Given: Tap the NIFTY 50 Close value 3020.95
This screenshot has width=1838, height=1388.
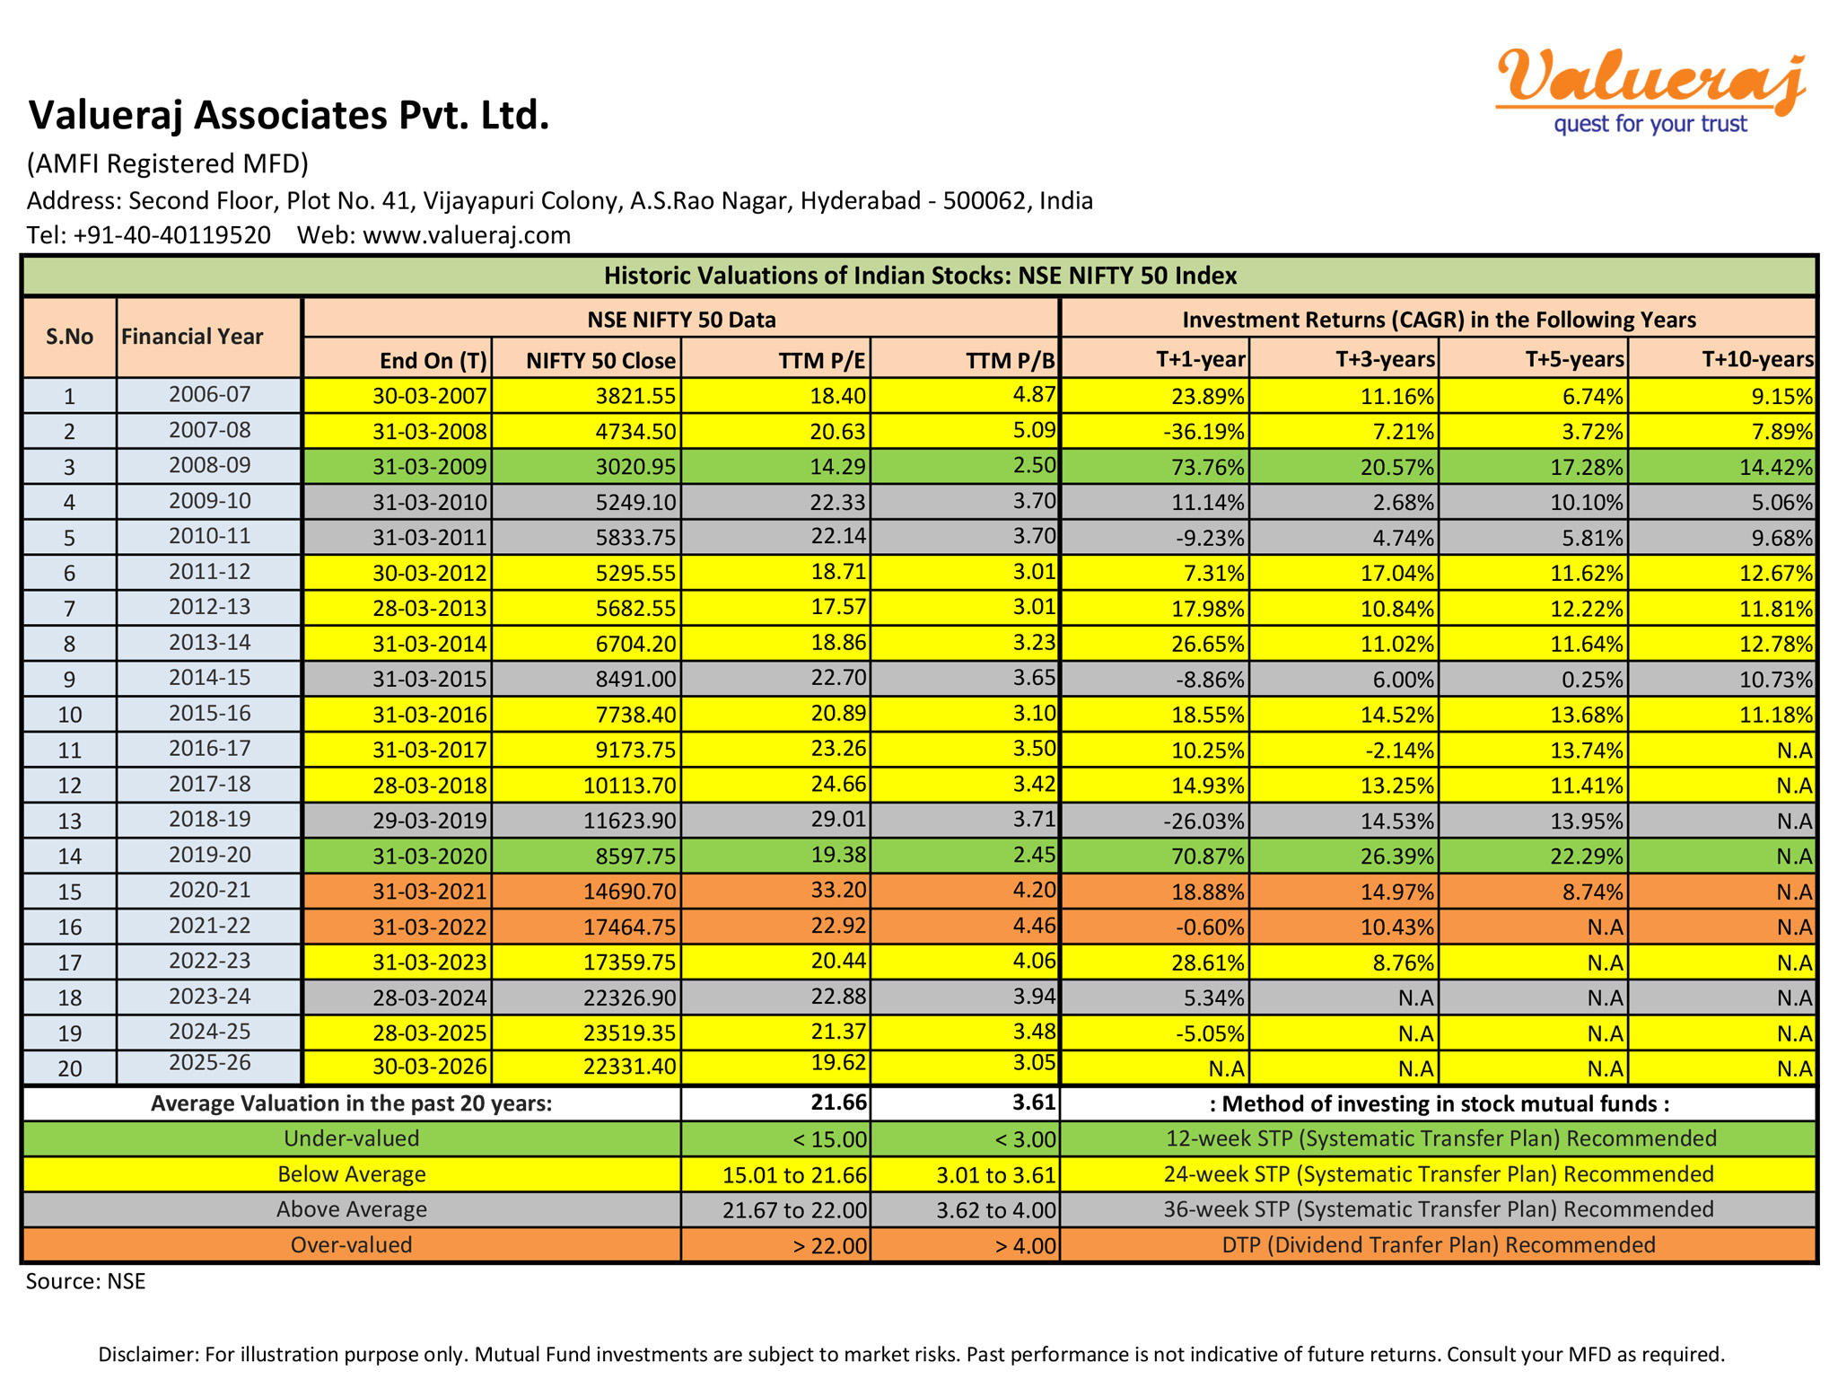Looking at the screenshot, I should (x=635, y=467).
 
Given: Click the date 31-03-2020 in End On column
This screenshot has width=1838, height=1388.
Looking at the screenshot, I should (x=430, y=857).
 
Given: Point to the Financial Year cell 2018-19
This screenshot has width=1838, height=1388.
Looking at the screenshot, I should (x=209, y=820).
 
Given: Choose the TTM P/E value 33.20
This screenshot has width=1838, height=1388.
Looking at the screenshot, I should (x=837, y=891).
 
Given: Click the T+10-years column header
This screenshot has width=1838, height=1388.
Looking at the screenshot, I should (x=1757, y=360).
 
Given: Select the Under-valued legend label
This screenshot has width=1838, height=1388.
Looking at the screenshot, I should (x=351, y=1138).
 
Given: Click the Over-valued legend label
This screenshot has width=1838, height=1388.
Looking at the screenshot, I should (x=351, y=1245).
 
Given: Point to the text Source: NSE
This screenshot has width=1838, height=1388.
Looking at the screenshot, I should (x=85, y=1281).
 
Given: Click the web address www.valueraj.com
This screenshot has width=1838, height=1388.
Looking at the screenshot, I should (x=466, y=235).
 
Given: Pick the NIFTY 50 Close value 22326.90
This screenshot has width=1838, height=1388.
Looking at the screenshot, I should (x=628, y=997).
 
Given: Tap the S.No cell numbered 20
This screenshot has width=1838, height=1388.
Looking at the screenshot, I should (x=69, y=1068).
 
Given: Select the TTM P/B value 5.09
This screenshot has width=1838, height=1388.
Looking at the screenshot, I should (x=1034, y=431).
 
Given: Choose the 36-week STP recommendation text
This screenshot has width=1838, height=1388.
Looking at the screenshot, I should (x=1438, y=1209).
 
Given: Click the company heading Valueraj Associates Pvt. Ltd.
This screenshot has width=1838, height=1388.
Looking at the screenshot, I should (x=288, y=115).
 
